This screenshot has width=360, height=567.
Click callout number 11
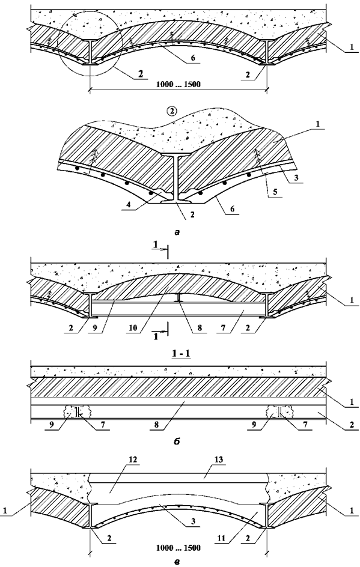coord(221,539)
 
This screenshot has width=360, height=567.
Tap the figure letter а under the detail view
coord(177,233)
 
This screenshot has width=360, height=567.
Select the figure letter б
coord(177,441)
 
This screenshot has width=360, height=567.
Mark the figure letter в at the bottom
coord(177,562)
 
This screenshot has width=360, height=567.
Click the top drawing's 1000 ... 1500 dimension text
coord(178,85)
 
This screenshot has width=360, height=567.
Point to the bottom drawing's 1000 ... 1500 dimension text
coord(178,548)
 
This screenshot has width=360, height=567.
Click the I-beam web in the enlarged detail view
coord(176,178)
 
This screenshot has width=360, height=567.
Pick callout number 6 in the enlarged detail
coord(232,209)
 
